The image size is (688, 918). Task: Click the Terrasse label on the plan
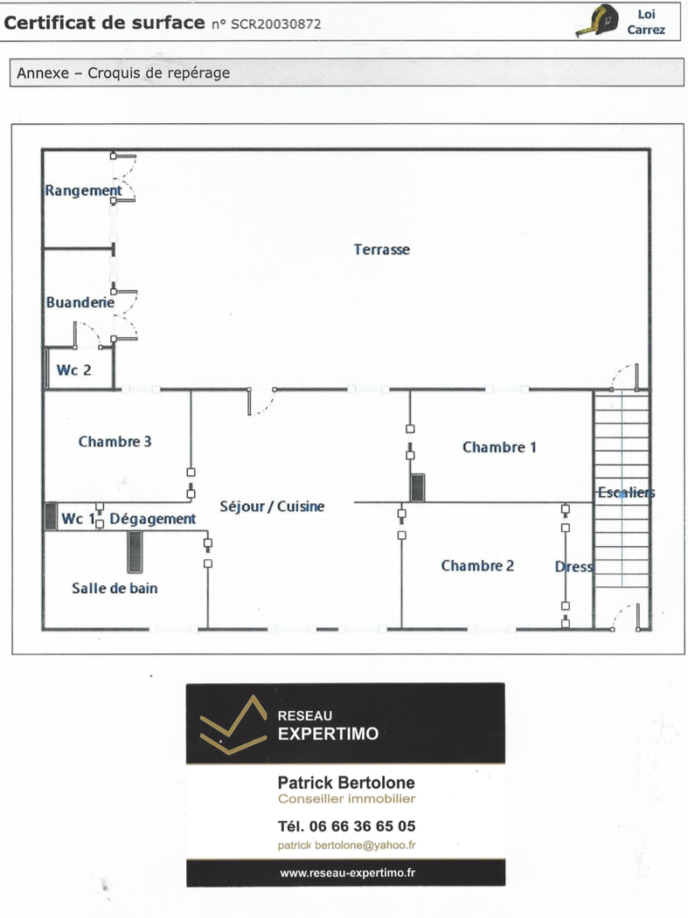click(381, 250)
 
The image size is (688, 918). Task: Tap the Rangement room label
click(83, 191)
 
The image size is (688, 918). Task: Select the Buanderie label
click(80, 302)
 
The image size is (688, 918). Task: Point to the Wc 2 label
click(73, 370)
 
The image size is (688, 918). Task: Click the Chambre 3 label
click(115, 441)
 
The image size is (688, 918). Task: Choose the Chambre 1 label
click(499, 447)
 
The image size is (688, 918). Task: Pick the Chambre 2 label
click(477, 565)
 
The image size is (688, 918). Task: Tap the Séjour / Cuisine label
click(272, 507)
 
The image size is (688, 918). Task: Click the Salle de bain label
click(115, 589)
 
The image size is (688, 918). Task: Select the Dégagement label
click(152, 520)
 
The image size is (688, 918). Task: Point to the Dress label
click(573, 567)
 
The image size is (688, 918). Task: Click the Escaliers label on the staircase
click(626, 493)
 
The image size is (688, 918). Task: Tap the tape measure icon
click(598, 21)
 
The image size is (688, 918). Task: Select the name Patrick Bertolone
click(346, 782)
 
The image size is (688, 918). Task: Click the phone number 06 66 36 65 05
click(362, 826)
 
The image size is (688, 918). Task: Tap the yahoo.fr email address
click(346, 845)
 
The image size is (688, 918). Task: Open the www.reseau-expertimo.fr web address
click(348, 873)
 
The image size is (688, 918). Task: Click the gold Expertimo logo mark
click(233, 724)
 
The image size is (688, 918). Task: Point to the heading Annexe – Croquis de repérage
click(123, 73)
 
